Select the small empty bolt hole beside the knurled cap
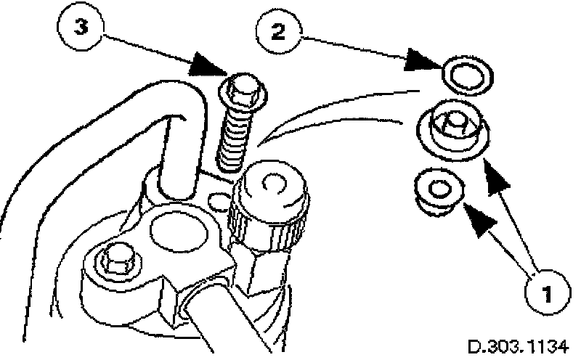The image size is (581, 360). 216,198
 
